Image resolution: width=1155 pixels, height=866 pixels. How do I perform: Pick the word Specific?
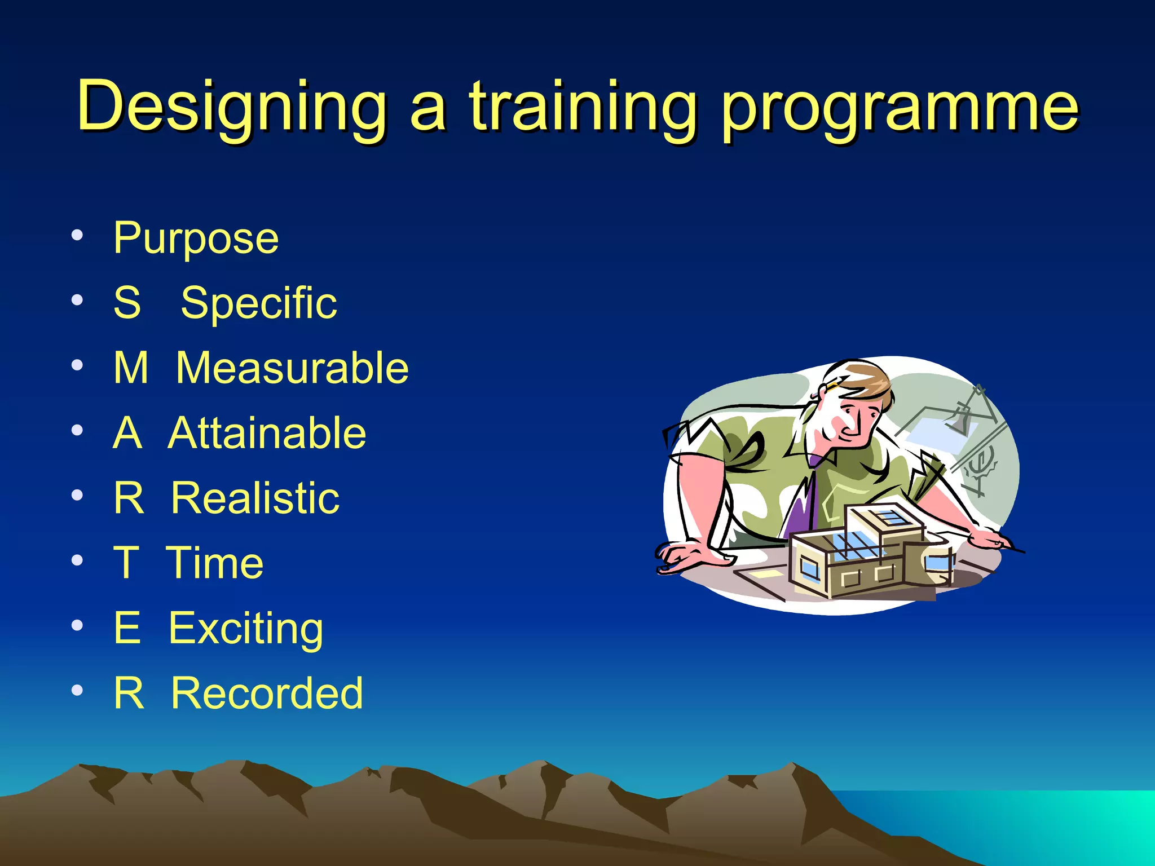[259, 303]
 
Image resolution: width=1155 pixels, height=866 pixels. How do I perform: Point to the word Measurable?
[292, 368]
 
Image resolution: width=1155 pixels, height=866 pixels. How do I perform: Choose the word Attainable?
[267, 433]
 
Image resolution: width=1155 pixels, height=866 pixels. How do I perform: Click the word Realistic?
[255, 498]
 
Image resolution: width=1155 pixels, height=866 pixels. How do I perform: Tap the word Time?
[215, 563]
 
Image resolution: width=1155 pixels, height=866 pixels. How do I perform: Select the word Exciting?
[246, 629]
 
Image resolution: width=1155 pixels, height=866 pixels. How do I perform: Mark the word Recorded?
[267, 693]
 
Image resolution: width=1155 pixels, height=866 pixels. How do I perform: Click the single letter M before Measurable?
[131, 368]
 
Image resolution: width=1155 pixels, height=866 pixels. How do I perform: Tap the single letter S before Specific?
[127, 303]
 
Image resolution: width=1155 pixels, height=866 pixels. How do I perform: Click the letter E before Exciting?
[127, 628]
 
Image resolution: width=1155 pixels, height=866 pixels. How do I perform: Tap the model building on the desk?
[869, 553]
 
